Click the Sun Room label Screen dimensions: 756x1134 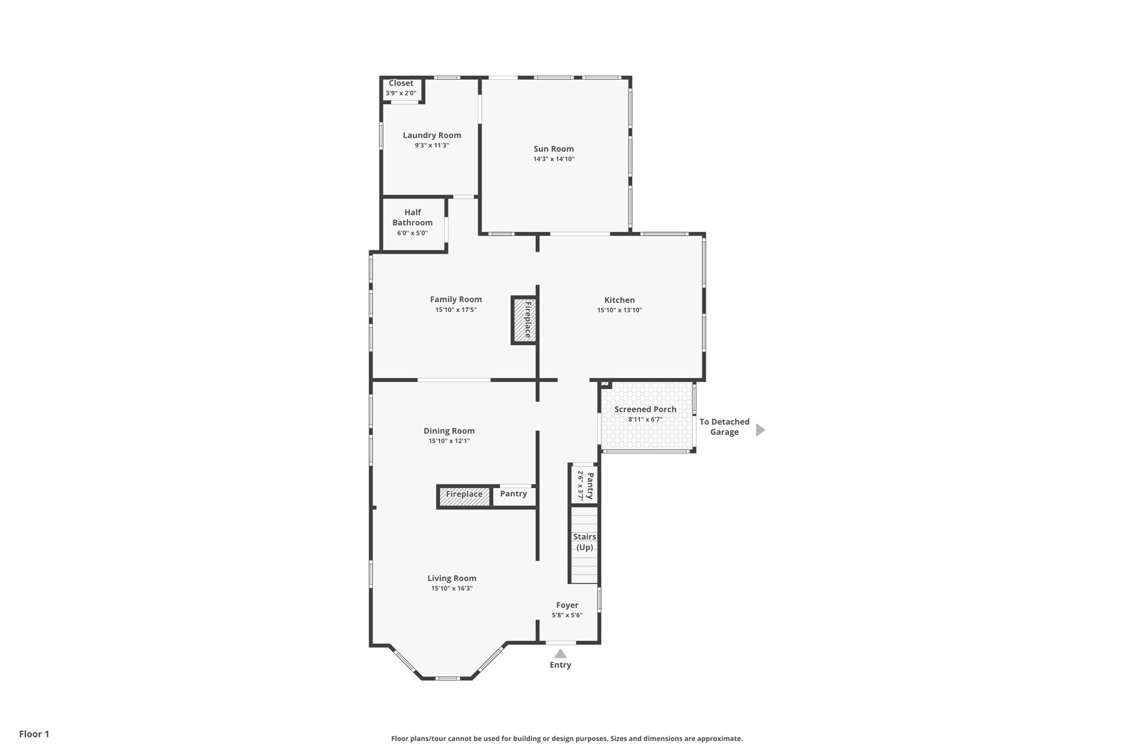pyautogui.click(x=553, y=149)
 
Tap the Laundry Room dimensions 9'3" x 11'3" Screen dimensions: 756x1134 pyautogui.click(x=432, y=145)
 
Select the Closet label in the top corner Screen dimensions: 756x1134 pyautogui.click(x=401, y=84)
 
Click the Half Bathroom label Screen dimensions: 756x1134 pyautogui.click(x=412, y=217)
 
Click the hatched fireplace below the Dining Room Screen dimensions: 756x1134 pyautogui.click(x=464, y=496)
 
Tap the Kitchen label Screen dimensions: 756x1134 pyautogui.click(x=619, y=300)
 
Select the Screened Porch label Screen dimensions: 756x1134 pyautogui.click(x=645, y=409)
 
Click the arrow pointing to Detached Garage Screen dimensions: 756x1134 pyautogui.click(x=760, y=430)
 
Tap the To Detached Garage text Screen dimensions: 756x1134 pyautogui.click(x=724, y=427)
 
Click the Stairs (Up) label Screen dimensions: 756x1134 pyautogui.click(x=584, y=542)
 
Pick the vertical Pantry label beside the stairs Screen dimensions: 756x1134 pyautogui.click(x=590, y=486)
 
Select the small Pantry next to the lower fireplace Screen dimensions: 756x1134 pyautogui.click(x=513, y=494)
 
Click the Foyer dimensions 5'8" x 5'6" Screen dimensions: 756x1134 pyautogui.click(x=567, y=615)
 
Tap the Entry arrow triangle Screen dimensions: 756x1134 pyautogui.click(x=560, y=653)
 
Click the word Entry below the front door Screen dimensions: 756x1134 pyautogui.click(x=560, y=665)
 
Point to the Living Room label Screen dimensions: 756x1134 pyautogui.click(x=452, y=578)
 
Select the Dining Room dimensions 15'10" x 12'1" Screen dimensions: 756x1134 pyautogui.click(x=449, y=441)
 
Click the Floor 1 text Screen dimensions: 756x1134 pyautogui.click(x=34, y=734)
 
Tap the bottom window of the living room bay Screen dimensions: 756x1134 pyautogui.click(x=447, y=678)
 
